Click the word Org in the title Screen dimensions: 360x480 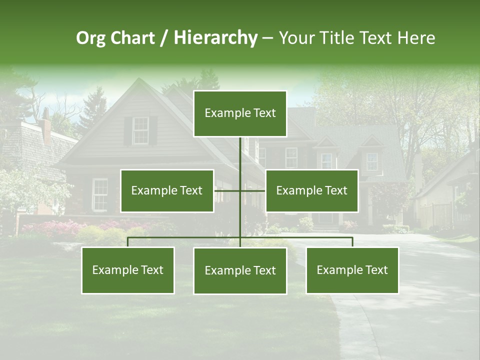click(91, 38)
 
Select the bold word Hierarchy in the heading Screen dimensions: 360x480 click(215, 38)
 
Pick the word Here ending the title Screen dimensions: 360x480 click(416, 38)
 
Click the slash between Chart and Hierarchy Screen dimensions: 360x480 click(163, 38)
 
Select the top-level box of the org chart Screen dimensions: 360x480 click(240, 113)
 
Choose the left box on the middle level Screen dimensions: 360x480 click(167, 190)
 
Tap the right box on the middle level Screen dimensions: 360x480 click(311, 190)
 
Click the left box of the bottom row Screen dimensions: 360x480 click(128, 270)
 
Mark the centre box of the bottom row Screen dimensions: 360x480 click(240, 270)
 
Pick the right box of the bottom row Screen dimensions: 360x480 click(352, 270)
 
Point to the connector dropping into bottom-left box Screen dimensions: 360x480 click(128, 242)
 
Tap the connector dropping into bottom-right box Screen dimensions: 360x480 click(352, 242)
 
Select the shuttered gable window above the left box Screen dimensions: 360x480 click(140, 130)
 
